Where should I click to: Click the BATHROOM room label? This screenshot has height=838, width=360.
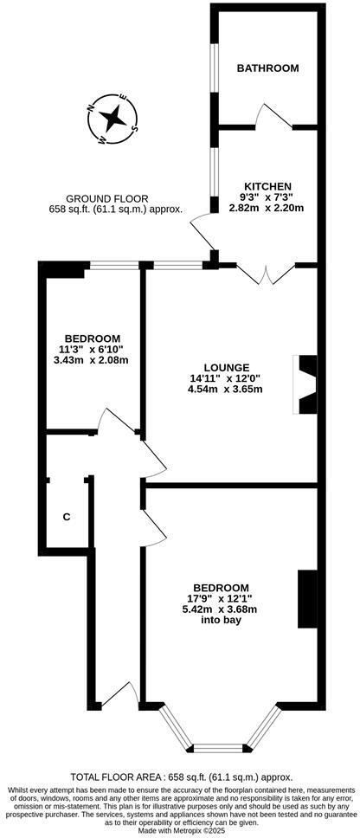[267, 68]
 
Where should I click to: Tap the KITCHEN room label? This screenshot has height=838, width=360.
[267, 186]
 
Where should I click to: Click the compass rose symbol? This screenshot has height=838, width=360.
[112, 118]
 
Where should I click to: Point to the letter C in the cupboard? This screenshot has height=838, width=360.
[66, 517]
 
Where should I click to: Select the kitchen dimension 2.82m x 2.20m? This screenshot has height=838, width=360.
[267, 207]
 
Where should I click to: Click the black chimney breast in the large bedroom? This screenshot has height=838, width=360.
[307, 598]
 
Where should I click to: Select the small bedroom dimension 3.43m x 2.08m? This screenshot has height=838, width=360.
[91, 359]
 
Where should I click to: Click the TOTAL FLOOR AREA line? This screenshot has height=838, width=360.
[180, 777]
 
